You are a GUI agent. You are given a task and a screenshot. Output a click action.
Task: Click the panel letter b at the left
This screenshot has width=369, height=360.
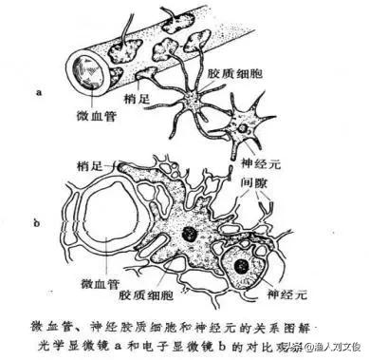coord(35,225)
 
